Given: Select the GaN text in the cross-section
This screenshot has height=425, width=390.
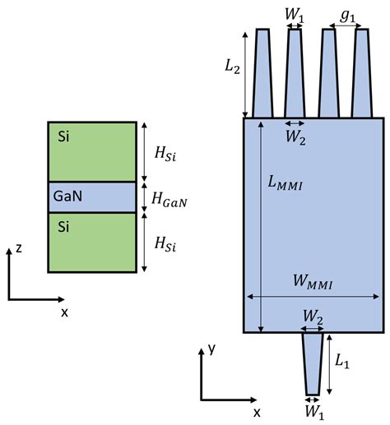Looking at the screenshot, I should click(x=67, y=197).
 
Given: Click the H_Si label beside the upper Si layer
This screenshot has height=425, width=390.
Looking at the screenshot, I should click(x=170, y=151).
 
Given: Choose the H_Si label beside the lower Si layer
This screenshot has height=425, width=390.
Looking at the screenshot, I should click(x=170, y=243).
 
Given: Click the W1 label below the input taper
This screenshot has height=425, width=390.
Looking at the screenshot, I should click(x=313, y=409).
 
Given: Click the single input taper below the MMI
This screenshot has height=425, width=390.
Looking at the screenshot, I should click(x=313, y=362).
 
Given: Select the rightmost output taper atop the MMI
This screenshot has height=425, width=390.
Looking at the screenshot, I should click(x=360, y=74).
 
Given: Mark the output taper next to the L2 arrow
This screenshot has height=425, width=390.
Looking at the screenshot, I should click(x=262, y=74).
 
